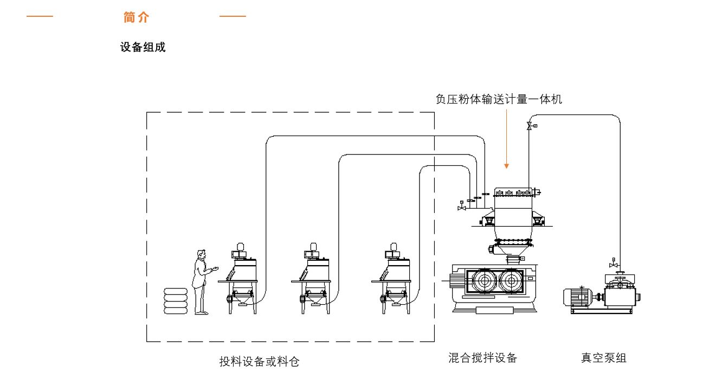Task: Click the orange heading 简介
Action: point(136,17)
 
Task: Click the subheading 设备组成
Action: point(143,47)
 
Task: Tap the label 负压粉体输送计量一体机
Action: point(499,99)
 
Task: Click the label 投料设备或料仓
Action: point(259,361)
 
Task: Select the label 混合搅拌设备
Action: point(482,358)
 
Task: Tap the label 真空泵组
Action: point(603,358)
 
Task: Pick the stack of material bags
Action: point(176,301)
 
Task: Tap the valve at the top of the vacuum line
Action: point(530,126)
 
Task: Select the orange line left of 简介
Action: point(40,16)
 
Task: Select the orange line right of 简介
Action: point(233,16)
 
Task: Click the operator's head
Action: point(202,254)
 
